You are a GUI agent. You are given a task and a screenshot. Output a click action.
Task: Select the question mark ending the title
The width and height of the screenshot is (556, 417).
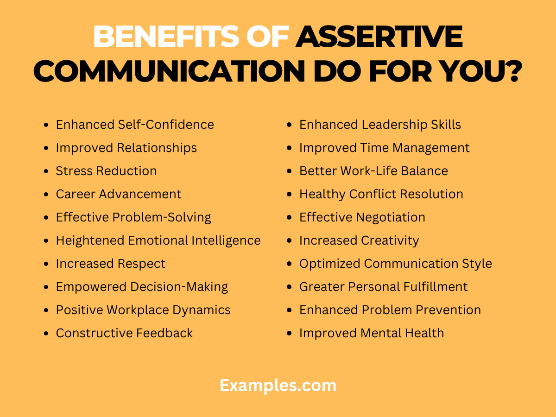click(x=510, y=72)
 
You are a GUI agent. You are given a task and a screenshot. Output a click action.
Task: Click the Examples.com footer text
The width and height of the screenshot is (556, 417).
click(x=278, y=385)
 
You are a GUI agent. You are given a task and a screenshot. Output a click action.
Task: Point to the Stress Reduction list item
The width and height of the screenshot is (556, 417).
click(x=106, y=171)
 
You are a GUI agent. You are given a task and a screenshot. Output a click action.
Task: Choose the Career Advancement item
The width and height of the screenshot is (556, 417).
click(x=119, y=194)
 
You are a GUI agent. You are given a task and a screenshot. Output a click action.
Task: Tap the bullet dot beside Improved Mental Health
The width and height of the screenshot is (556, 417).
click(x=289, y=334)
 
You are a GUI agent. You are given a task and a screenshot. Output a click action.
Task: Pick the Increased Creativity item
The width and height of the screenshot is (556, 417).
click(x=359, y=240)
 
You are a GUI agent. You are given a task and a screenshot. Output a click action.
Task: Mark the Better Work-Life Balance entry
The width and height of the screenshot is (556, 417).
click(x=373, y=171)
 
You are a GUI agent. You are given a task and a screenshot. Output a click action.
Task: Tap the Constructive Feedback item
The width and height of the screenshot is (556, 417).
click(x=124, y=333)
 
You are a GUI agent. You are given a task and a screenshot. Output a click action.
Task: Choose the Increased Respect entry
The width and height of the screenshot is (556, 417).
click(x=110, y=264)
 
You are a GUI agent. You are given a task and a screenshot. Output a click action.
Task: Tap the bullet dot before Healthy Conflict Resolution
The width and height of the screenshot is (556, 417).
click(x=289, y=195)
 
